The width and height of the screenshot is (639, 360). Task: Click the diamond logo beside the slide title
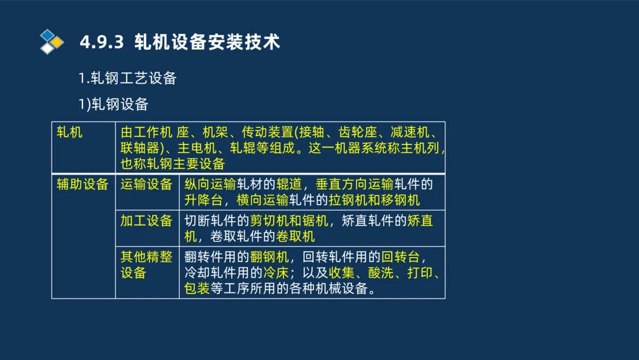52,42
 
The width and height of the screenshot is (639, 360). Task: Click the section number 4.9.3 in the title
101,43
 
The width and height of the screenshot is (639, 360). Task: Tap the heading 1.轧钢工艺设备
127,79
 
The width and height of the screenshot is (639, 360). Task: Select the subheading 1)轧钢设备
113,104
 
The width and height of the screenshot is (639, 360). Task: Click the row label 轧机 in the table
70,133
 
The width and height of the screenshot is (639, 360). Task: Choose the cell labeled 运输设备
146,185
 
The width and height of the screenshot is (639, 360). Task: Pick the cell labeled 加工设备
146,221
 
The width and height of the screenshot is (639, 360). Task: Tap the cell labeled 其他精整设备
146,265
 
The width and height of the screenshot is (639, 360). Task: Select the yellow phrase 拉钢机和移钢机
374,200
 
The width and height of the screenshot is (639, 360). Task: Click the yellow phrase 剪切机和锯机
288,221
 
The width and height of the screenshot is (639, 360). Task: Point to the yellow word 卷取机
296,237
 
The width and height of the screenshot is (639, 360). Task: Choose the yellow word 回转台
400,258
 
